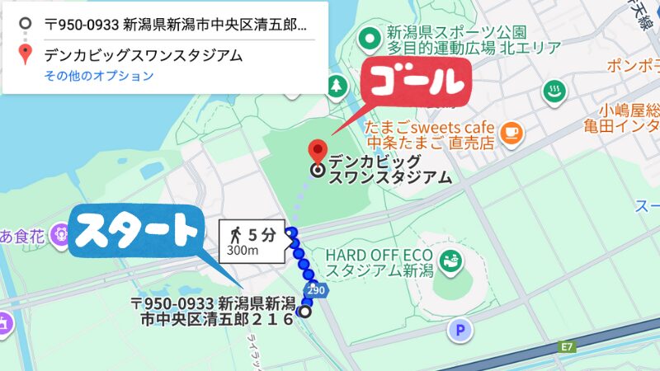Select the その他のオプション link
pyautogui.click(x=99, y=76)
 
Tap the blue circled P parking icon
pyautogui.click(x=459, y=331)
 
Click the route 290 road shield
pyautogui.click(x=314, y=290)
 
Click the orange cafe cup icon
pyautogui.click(x=512, y=129)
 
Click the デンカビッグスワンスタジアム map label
pyautogui.click(x=389, y=169)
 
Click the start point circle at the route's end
pyautogui.click(x=305, y=312)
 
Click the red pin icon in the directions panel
pyautogui.click(x=26, y=55)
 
